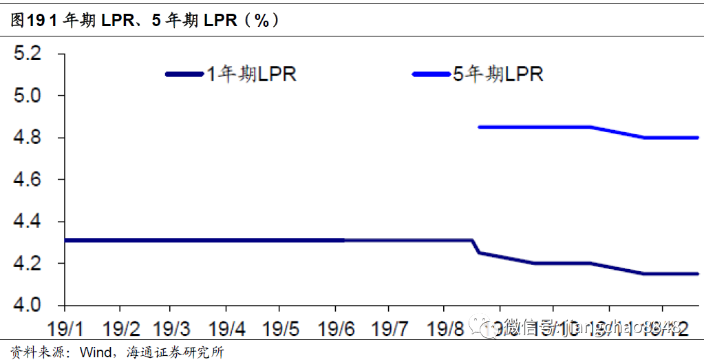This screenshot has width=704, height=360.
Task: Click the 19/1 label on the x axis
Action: coord(65,328)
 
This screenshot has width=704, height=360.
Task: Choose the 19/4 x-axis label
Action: coord(226,328)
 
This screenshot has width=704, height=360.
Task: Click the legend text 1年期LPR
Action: coord(252,74)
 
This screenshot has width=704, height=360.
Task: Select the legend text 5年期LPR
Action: coord(498,74)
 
